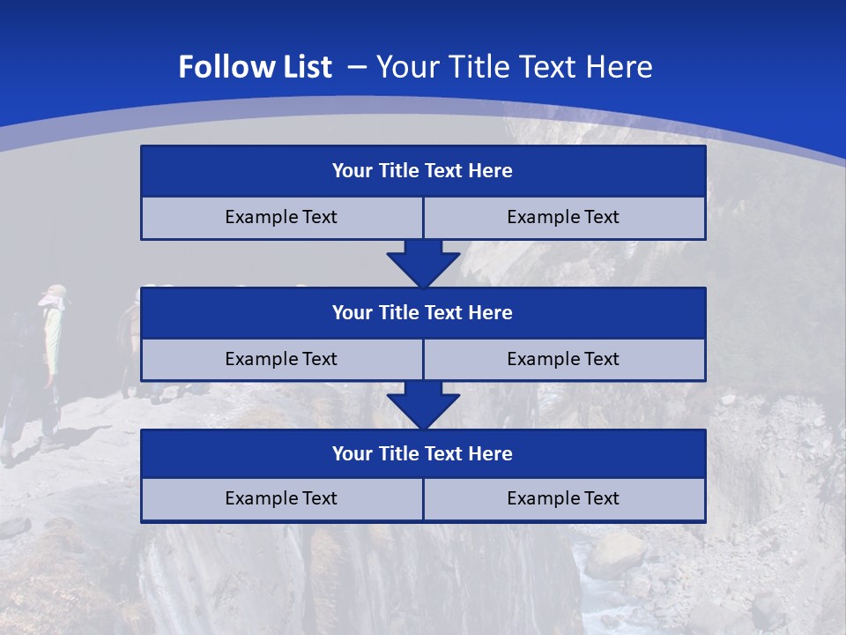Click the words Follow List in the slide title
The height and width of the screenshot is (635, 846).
(255, 67)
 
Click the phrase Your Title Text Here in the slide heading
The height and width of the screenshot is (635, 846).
(515, 67)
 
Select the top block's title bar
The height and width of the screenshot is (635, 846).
(423, 171)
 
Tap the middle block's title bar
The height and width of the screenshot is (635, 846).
(423, 313)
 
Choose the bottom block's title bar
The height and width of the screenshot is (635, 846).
(423, 454)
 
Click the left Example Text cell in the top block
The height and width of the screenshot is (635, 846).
(281, 218)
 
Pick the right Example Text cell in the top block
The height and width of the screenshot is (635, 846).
(563, 218)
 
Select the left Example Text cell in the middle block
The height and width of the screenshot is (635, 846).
(281, 359)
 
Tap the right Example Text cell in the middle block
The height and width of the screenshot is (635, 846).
(563, 359)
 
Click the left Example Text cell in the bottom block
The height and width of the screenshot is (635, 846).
(281, 499)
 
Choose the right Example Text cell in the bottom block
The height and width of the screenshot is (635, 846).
(563, 499)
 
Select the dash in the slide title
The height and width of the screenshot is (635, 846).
(356, 65)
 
